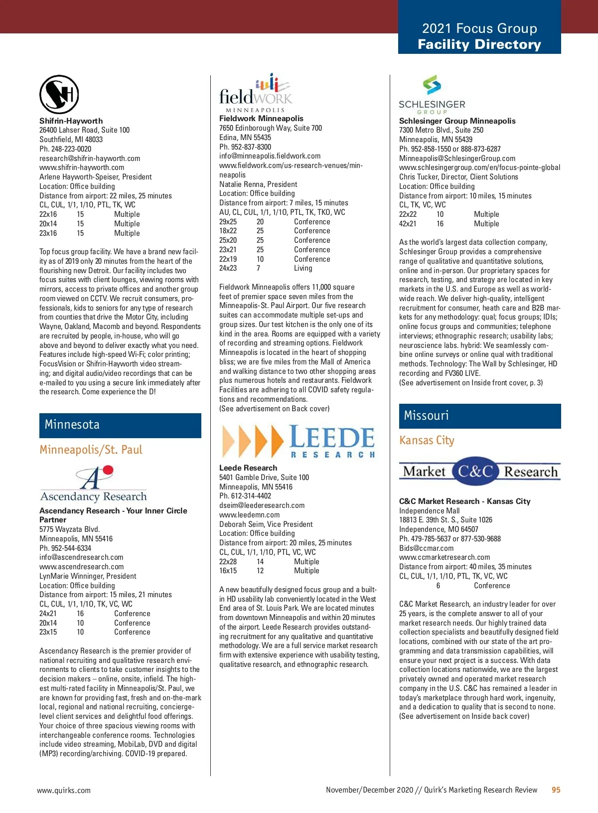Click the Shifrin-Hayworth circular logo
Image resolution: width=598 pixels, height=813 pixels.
pyautogui.click(x=59, y=94)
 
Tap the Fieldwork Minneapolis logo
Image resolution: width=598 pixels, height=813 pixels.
pyautogui.click(x=256, y=93)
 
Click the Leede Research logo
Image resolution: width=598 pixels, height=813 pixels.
pyautogui.click(x=298, y=441)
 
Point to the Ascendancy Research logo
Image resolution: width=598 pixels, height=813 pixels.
pyautogui.click(x=94, y=484)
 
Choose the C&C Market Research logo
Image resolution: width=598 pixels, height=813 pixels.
pyautogui.click(x=479, y=471)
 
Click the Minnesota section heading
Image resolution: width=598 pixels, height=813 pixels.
pyautogui.click(x=72, y=425)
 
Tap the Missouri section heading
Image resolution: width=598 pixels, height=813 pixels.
pyautogui.click(x=427, y=416)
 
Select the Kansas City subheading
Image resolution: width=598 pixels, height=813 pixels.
pyautogui.click(x=427, y=441)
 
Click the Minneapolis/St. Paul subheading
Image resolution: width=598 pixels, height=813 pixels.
pyautogui.click(x=91, y=450)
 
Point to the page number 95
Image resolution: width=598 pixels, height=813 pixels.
pyautogui.click(x=556, y=790)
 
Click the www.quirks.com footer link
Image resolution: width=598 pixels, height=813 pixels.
pyautogui.click(x=64, y=790)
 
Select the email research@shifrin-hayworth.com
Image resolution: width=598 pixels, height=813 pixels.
pyautogui.click(x=90, y=159)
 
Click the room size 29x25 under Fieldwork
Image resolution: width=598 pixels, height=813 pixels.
pyautogui.click(x=228, y=222)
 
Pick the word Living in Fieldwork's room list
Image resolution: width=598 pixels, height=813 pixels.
pyautogui.click(x=303, y=268)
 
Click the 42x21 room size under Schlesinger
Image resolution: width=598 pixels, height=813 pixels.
pyautogui.click(x=408, y=224)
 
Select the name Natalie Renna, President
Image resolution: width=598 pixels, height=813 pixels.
pyautogui.click(x=258, y=184)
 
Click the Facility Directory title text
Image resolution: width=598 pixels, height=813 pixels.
pyautogui.click(x=479, y=44)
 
